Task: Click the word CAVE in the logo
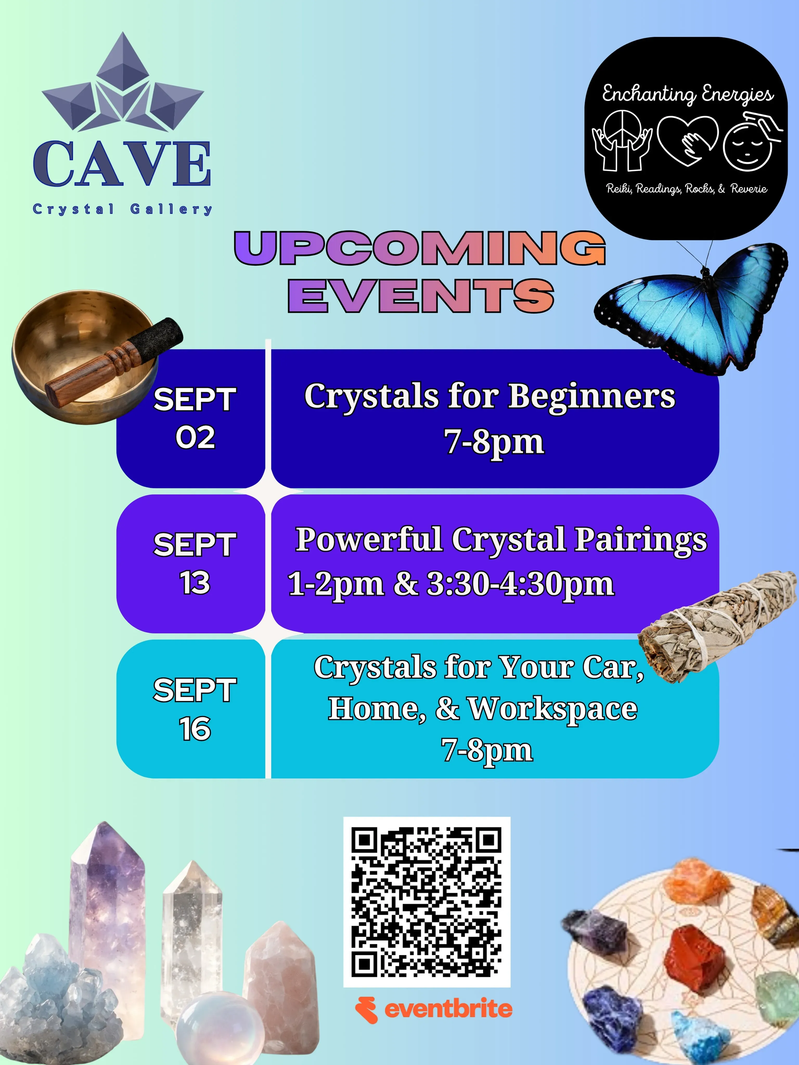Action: tap(122, 164)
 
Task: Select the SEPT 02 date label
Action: tap(195, 418)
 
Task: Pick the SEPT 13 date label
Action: tap(195, 563)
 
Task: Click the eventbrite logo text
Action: tap(448, 1009)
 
